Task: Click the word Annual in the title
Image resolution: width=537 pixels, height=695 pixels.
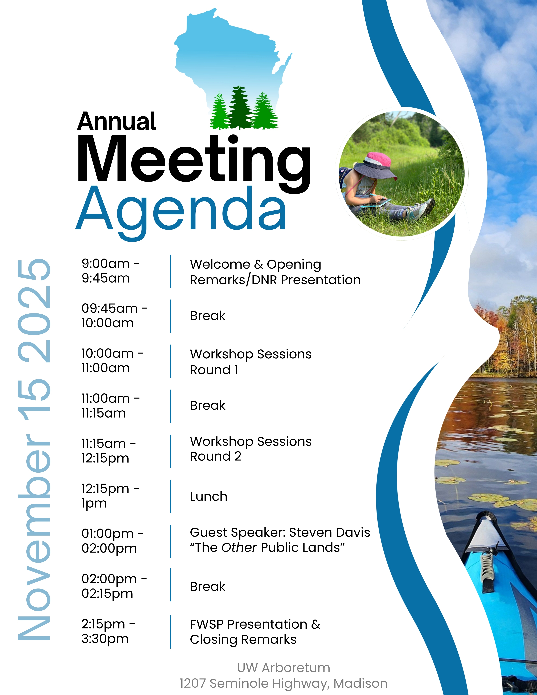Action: point(117,122)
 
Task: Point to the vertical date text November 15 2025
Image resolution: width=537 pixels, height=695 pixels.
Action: point(34,449)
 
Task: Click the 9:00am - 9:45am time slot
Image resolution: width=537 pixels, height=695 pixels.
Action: point(110,271)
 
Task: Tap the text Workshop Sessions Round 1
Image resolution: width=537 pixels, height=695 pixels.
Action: point(251,362)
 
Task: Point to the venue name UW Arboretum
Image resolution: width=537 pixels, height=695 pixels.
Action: point(284,668)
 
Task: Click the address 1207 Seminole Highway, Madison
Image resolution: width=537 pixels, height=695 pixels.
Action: point(284,683)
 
